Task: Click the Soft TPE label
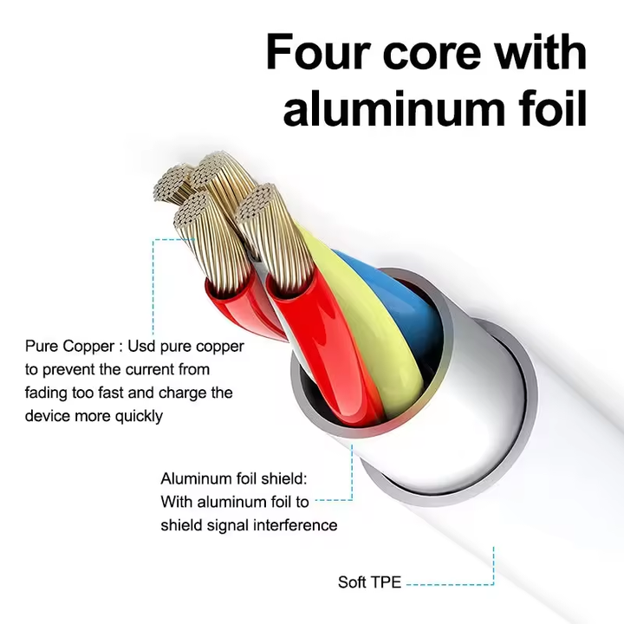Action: tap(369, 582)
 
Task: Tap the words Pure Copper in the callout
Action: tap(70, 347)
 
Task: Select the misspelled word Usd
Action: tap(141, 346)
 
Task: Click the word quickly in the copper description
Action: tap(139, 417)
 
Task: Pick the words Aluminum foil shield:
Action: tap(234, 478)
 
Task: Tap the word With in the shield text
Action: tap(177, 502)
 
